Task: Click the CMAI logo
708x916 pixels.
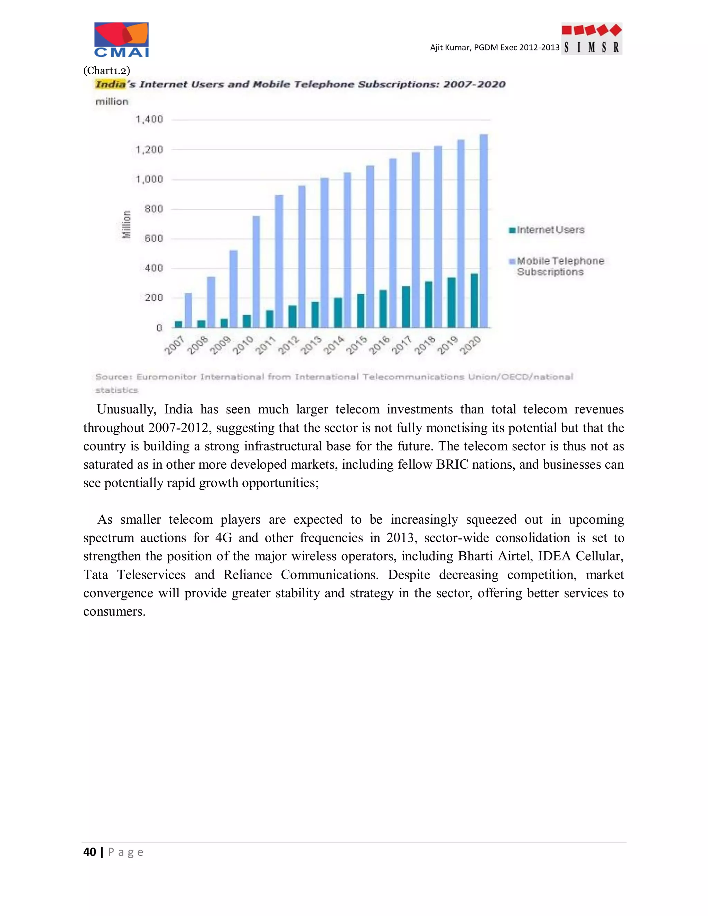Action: [x=121, y=40]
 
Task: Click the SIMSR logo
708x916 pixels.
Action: [x=591, y=39]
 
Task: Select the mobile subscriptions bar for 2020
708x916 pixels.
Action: [x=484, y=231]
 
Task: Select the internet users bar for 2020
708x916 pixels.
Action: [x=474, y=300]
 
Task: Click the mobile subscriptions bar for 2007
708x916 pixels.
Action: [x=188, y=310]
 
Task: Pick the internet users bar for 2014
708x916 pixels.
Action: [x=338, y=312]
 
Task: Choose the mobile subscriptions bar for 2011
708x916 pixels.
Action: [x=279, y=261]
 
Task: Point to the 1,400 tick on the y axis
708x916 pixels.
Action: [x=149, y=120]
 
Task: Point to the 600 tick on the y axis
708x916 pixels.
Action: [x=153, y=239]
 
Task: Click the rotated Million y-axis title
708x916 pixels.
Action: [x=126, y=224]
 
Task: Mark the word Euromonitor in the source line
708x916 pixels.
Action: [x=167, y=377]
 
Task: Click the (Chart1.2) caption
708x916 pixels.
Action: [x=106, y=70]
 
